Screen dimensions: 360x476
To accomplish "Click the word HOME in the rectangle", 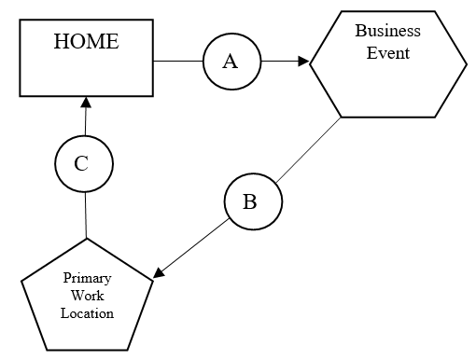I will (x=87, y=42).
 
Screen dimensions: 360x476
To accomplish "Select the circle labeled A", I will (x=231, y=62).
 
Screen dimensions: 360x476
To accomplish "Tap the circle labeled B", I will (x=250, y=201).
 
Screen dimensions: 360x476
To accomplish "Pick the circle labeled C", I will (x=83, y=164).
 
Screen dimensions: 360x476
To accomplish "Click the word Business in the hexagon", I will (x=387, y=31).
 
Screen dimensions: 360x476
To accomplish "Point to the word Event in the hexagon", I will (x=387, y=52).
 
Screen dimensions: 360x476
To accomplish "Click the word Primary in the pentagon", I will (x=87, y=279).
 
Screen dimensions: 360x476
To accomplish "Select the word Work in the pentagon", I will (x=87, y=296).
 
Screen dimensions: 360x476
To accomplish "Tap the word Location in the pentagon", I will (x=87, y=313).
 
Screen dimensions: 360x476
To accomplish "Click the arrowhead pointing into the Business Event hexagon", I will (x=303, y=62).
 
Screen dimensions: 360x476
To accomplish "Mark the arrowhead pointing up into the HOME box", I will (x=85, y=101).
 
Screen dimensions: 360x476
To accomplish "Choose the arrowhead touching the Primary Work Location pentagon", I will (x=160, y=273).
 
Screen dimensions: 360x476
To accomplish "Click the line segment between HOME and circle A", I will (x=178, y=62).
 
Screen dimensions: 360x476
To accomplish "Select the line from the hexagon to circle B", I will (x=308, y=149).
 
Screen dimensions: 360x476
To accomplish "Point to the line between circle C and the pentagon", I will (x=86, y=215).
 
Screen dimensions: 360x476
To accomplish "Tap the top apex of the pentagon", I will (x=87, y=239).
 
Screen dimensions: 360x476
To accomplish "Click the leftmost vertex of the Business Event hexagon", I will (x=310, y=62).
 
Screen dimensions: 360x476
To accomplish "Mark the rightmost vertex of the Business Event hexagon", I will (x=466, y=62).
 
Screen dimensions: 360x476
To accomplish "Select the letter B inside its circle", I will (x=250, y=201).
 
